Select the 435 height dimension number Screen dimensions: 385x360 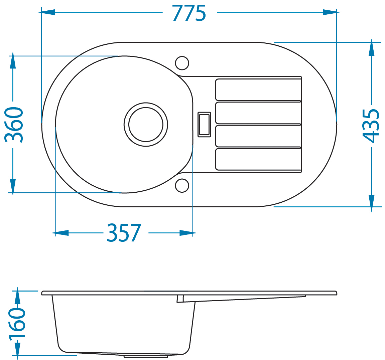[x=371, y=126]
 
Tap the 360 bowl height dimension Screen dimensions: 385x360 [x=14, y=125]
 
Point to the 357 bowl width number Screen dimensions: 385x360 [x=124, y=233]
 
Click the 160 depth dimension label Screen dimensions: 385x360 [x=17, y=324]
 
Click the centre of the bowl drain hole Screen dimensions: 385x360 [x=146, y=125]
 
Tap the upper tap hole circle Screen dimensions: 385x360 [x=182, y=63]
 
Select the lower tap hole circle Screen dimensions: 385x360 [x=182, y=185]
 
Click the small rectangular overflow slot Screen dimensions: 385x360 [x=204, y=125]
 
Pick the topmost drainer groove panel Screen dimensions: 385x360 [x=258, y=89]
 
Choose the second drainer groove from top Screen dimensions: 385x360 [x=258, y=113]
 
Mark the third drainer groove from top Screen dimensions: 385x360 [x=258, y=136]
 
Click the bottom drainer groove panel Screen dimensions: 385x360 [x=258, y=159]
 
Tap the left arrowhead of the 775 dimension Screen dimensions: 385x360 [x=48, y=12]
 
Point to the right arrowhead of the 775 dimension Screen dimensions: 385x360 [x=330, y=12]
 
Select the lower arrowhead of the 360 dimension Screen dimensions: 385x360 [x=13, y=186]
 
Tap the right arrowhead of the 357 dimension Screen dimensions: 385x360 [x=186, y=233]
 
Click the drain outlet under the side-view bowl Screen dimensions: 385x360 [x=146, y=355]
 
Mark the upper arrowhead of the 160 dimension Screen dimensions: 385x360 [x=17, y=298]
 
